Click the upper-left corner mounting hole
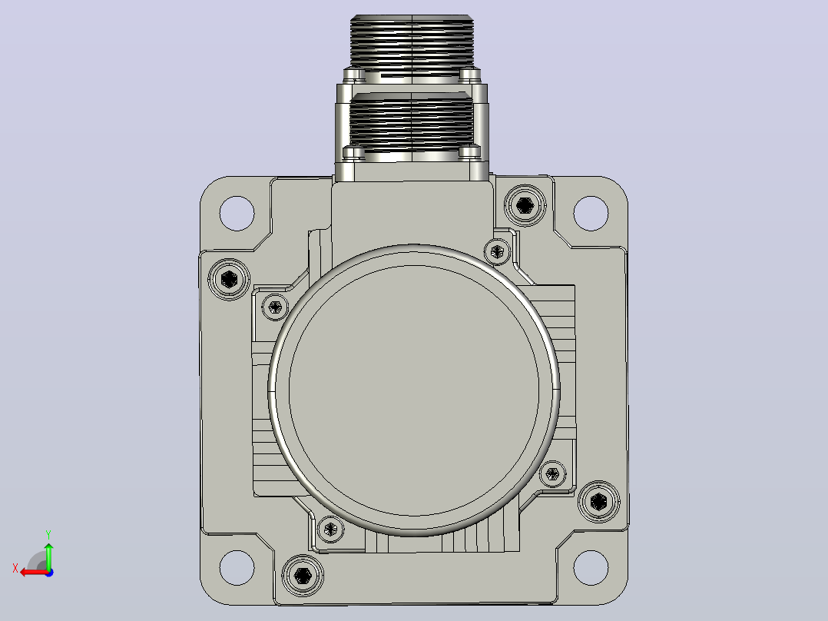click(x=237, y=214)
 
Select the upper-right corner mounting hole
click(x=591, y=214)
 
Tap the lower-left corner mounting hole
click(x=237, y=568)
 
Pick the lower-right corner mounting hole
click(x=591, y=568)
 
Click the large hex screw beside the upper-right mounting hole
click(x=525, y=205)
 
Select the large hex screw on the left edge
click(x=229, y=279)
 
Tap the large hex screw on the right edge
click(x=599, y=501)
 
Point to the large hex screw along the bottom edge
click(x=303, y=575)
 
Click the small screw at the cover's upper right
click(x=497, y=251)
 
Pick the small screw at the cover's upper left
click(x=275, y=307)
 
